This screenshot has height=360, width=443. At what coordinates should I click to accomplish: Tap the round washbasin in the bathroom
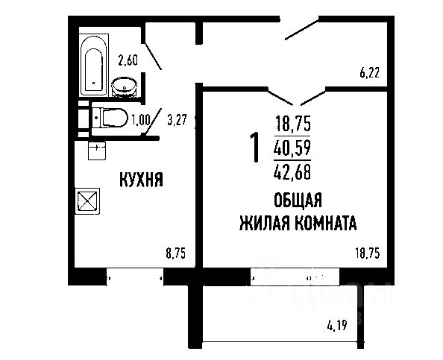123,88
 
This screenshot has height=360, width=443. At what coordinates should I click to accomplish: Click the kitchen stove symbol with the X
87,200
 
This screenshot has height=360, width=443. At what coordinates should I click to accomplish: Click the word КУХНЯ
141,180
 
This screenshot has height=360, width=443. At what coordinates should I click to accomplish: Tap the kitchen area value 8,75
175,253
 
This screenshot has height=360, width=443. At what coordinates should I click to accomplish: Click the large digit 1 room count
254,148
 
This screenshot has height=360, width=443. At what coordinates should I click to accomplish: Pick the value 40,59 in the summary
293,148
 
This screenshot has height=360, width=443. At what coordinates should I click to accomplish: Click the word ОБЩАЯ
297,200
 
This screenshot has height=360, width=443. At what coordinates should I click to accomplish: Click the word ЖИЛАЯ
263,223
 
